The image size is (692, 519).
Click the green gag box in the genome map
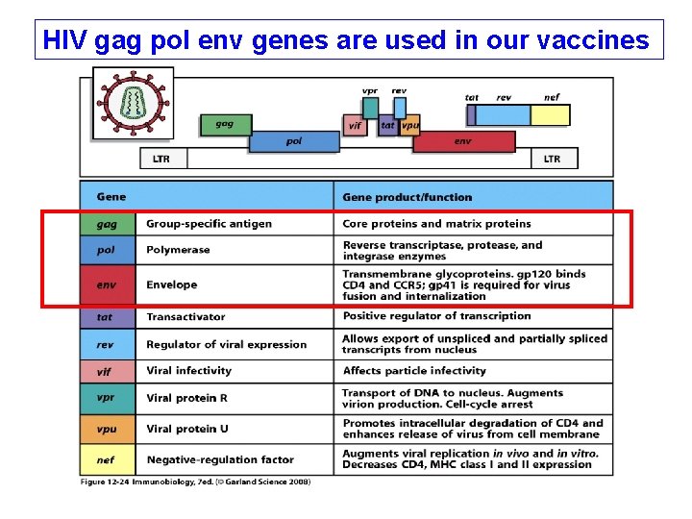pos(224,125)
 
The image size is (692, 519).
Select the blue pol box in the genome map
pos(294,141)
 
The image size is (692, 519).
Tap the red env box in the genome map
pos(463,141)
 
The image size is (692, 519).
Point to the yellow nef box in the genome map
pos(551,114)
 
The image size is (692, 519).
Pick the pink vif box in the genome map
pos(355,125)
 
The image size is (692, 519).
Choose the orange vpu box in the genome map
pos(409,125)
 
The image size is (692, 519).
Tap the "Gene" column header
pos(111,197)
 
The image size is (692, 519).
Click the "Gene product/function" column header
pos(407,197)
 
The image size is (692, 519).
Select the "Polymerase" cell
pos(178,250)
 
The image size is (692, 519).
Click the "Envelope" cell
pos(171,284)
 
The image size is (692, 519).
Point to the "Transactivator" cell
pos(185,316)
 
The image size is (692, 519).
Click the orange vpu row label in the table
pos(107,429)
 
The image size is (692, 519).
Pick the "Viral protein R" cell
pos(186,398)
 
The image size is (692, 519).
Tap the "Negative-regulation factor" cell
pos(220,460)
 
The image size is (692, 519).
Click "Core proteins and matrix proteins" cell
pos(436,224)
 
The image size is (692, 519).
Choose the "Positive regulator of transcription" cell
pos(436,316)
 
